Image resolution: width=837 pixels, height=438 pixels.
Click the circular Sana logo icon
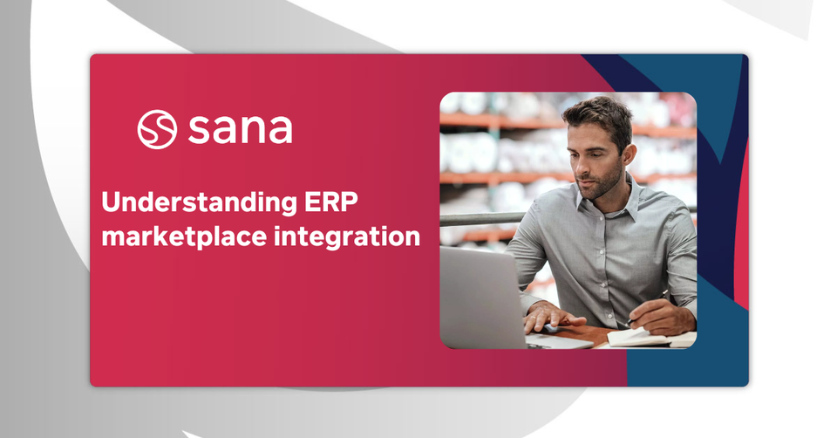pyautogui.click(x=157, y=129)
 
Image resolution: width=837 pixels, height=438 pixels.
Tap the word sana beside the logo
pyautogui.click(x=241, y=129)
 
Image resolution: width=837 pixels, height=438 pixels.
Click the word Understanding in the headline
pyautogui.click(x=199, y=203)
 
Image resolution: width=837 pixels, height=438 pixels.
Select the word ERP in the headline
pyautogui.click(x=331, y=202)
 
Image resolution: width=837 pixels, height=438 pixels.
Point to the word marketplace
pyautogui.click(x=184, y=237)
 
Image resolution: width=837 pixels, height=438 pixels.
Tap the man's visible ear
pyautogui.click(x=629, y=156)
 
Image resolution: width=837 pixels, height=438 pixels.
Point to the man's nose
pyautogui.click(x=579, y=170)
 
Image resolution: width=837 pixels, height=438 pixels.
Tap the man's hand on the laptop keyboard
pyautogui.click(x=553, y=317)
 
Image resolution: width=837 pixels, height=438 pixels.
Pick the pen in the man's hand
pyautogui.click(x=648, y=309)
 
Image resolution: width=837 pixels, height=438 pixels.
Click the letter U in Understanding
pyautogui.click(x=111, y=202)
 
